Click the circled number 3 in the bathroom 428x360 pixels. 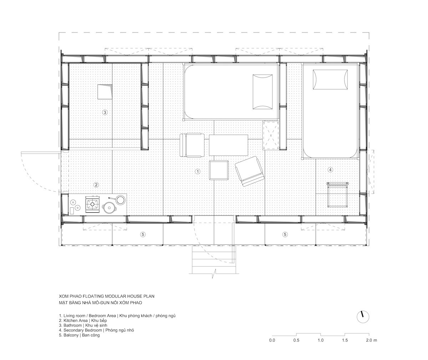click(x=105, y=112)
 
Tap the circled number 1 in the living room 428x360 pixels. click(x=197, y=172)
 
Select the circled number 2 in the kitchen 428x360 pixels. click(x=96, y=185)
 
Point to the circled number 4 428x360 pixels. click(x=330, y=170)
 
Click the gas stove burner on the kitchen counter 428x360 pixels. click(x=92, y=204)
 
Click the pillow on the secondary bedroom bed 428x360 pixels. click(x=330, y=80)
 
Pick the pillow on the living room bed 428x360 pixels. click(x=263, y=92)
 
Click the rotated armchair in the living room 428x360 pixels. click(x=249, y=171)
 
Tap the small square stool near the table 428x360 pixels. click(x=219, y=170)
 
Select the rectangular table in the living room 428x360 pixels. click(x=228, y=145)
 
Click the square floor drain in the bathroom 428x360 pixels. click(x=105, y=92)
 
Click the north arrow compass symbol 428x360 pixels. click(x=363, y=317)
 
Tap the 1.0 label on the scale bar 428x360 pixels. click(x=321, y=340)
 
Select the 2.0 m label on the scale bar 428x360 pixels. click(x=371, y=340)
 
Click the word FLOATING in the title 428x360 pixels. click(x=93, y=296)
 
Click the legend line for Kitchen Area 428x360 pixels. click(x=83, y=320)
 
